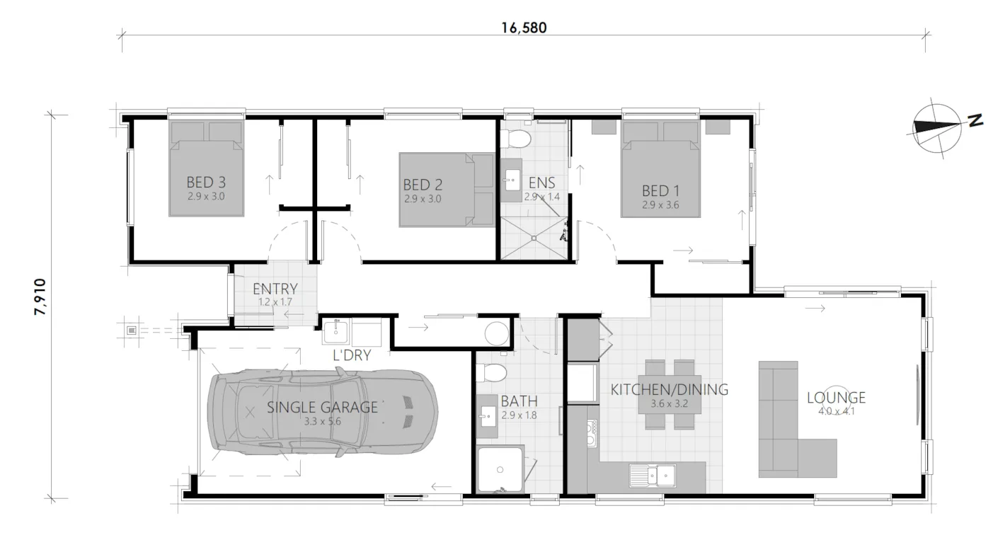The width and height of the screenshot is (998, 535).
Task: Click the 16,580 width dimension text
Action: click(524, 28)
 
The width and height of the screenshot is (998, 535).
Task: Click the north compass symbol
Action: click(937, 126)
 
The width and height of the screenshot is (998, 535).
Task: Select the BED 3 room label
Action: click(206, 183)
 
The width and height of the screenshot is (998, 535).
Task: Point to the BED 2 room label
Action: click(423, 185)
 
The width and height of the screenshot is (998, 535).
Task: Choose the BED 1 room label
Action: click(660, 190)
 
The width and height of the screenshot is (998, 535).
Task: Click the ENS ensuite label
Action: click(541, 183)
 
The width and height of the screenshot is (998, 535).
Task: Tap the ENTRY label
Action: click(275, 289)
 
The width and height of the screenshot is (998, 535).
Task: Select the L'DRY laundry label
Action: click(352, 355)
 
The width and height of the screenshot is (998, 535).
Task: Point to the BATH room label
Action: click(519, 402)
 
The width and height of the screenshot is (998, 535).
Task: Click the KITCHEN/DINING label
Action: click(670, 389)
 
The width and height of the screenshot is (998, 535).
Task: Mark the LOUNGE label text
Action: click(836, 397)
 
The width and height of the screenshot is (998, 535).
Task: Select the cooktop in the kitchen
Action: click(592, 432)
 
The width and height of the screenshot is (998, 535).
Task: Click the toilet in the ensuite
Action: click(520, 138)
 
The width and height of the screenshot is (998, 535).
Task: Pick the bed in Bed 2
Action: click(447, 190)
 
